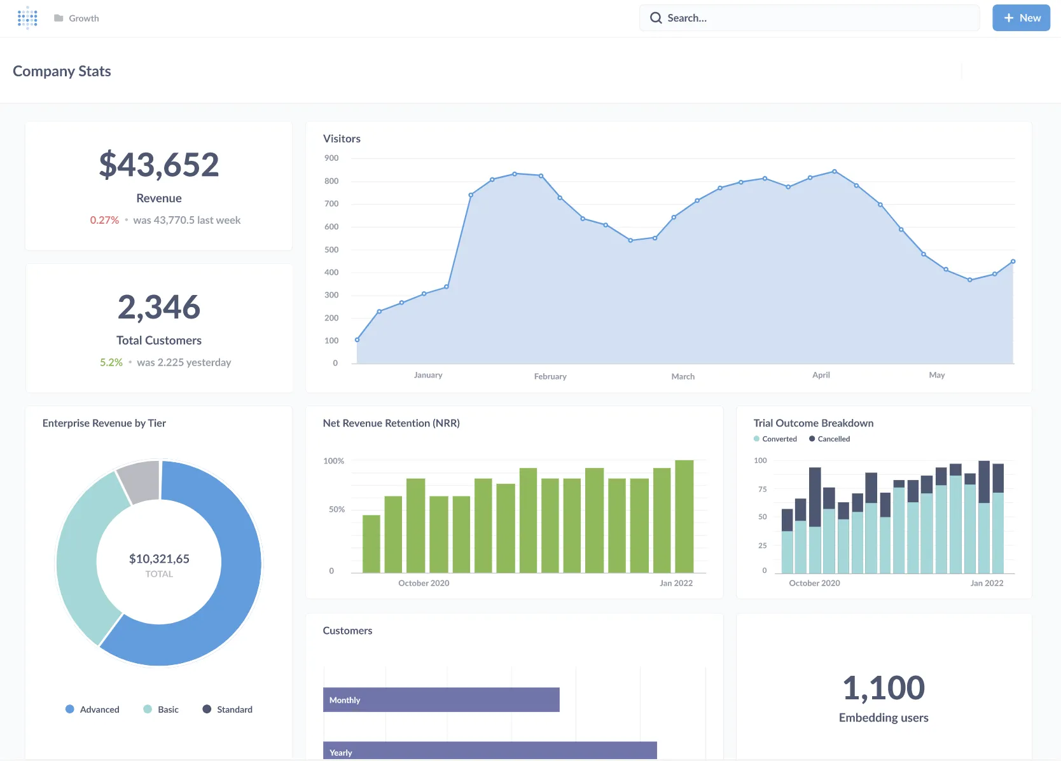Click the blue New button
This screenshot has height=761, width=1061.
(1021, 18)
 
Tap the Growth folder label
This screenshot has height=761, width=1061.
(83, 18)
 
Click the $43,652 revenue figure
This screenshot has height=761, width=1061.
(159, 165)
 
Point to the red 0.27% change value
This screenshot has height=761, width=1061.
(104, 220)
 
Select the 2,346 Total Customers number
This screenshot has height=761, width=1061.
(159, 307)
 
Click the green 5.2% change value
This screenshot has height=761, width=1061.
(111, 362)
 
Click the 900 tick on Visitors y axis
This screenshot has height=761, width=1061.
(331, 158)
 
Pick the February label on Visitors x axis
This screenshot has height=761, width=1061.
(550, 376)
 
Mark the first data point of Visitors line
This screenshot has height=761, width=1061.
(357, 340)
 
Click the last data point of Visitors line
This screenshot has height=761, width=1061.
(1013, 261)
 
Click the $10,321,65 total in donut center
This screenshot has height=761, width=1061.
(159, 559)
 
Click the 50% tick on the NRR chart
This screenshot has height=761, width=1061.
(336, 510)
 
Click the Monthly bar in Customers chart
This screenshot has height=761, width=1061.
(441, 700)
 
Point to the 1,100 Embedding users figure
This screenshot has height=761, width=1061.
(884, 688)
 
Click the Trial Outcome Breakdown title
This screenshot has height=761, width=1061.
(813, 423)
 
